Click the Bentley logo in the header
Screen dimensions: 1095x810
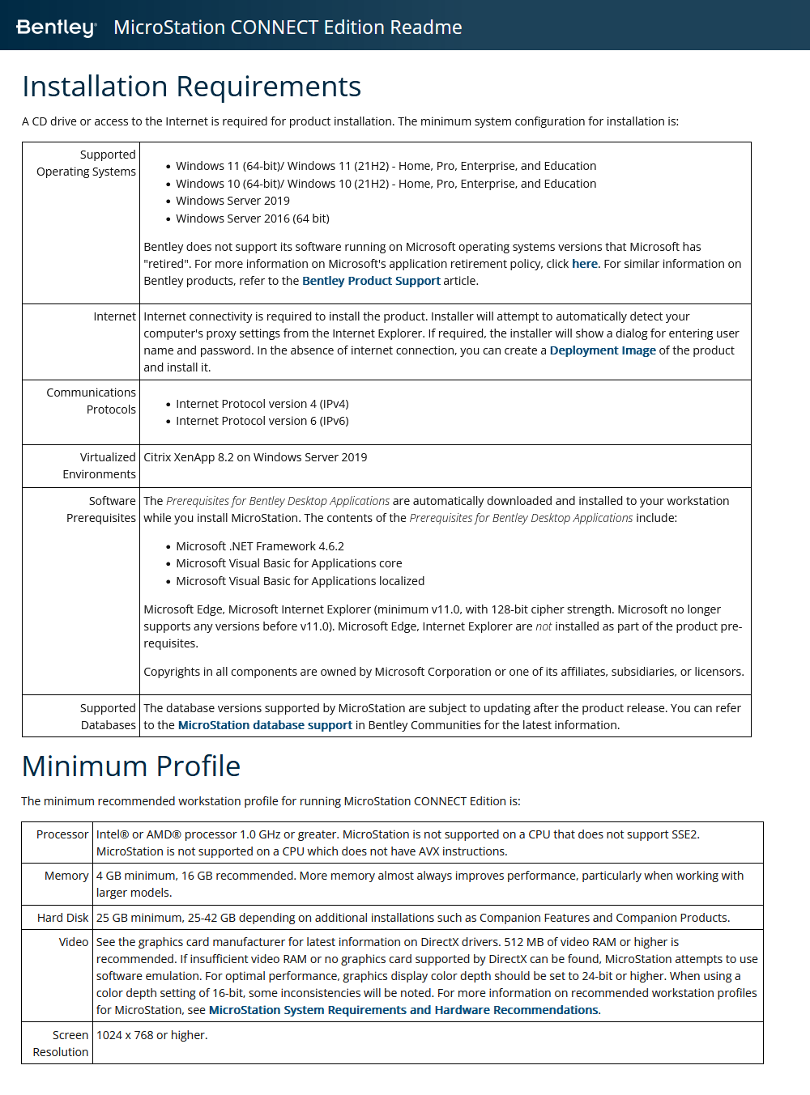point(56,28)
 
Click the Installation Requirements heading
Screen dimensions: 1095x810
point(191,87)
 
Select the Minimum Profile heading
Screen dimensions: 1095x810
point(131,766)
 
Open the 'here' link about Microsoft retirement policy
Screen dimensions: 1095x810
point(584,264)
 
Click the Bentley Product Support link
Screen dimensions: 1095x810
point(371,281)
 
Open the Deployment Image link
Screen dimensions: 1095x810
point(603,350)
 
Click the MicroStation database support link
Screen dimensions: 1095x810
point(265,725)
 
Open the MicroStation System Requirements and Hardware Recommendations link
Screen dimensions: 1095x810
point(404,1010)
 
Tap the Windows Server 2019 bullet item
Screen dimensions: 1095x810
point(232,201)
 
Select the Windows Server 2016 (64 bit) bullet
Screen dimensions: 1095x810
point(252,219)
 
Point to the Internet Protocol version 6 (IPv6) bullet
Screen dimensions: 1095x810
point(262,421)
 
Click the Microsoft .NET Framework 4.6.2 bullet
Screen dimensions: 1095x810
point(259,546)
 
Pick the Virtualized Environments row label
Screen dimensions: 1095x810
point(99,465)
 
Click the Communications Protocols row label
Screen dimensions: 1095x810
point(91,401)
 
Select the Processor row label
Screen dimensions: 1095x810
point(62,834)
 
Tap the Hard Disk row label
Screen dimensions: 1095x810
point(62,918)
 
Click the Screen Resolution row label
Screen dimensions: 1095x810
point(61,1043)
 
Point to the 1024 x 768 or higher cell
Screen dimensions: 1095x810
point(151,1035)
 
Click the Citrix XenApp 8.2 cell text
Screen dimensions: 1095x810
point(255,457)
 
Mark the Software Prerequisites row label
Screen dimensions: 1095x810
point(101,509)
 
